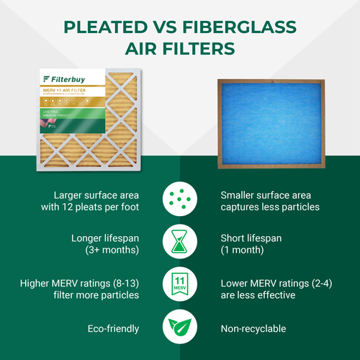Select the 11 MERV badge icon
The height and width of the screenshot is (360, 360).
180,284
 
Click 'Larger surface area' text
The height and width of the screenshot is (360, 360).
96,195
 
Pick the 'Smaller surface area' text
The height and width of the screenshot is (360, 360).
266,195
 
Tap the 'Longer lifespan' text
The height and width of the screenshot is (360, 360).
105,236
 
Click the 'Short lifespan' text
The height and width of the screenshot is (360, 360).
251,236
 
